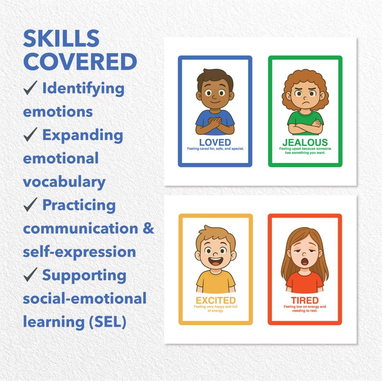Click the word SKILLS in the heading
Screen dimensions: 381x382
click(x=61, y=39)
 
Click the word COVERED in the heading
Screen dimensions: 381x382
click(x=80, y=62)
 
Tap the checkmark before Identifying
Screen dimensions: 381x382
click(x=31, y=89)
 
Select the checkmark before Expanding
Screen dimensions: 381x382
click(x=31, y=136)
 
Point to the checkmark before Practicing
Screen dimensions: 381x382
click(x=31, y=205)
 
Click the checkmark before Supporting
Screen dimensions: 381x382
click(x=31, y=276)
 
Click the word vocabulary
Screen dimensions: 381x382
click(x=64, y=182)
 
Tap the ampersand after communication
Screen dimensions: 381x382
click(x=148, y=229)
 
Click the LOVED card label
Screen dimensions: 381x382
click(x=215, y=142)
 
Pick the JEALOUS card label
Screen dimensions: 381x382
click(x=305, y=142)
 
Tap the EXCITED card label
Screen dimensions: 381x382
click(x=215, y=301)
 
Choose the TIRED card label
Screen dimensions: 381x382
click(x=305, y=301)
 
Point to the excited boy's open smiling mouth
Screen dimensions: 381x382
click(x=215, y=263)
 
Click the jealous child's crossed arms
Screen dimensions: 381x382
click(x=305, y=127)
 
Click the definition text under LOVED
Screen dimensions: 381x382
click(x=215, y=149)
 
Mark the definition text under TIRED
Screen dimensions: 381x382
click(x=305, y=309)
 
